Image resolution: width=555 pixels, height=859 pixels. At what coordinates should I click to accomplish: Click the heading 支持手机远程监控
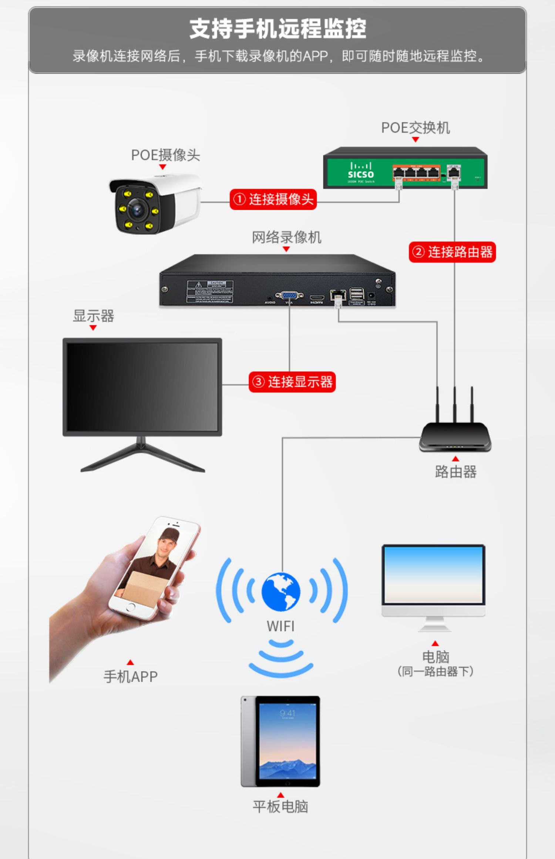[277, 29]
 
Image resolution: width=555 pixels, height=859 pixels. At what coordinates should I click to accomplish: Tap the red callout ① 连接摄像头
[273, 199]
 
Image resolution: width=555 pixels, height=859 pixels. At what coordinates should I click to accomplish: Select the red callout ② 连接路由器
[452, 252]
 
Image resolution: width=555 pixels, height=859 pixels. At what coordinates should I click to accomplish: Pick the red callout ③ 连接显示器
[292, 382]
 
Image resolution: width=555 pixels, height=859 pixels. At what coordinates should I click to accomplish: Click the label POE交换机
[415, 128]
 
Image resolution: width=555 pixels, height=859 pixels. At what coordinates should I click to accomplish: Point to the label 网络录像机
[286, 237]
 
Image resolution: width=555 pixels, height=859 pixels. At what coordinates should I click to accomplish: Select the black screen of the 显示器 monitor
[142, 387]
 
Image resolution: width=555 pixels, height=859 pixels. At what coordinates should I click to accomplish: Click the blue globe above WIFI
[281, 592]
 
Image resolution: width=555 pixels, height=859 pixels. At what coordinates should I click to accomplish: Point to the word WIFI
[280, 626]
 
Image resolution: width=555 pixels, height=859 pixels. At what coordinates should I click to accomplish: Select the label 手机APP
[130, 677]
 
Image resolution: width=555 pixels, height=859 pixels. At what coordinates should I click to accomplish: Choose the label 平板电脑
[280, 806]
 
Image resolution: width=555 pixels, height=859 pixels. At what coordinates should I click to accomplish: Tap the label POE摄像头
[165, 155]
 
